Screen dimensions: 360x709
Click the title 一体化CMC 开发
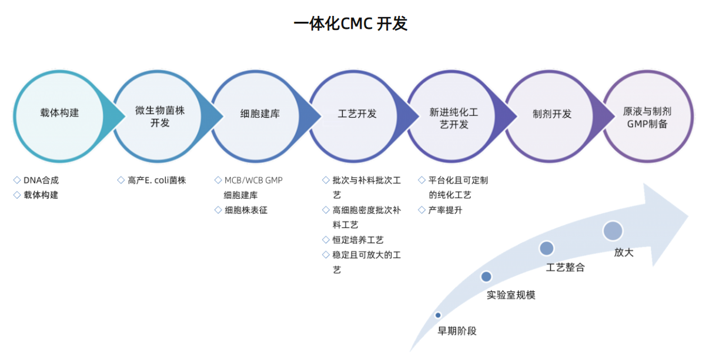pyautogui.click(x=350, y=24)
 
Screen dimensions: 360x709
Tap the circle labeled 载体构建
pyautogui.click(x=59, y=113)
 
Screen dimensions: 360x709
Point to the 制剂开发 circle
pyautogui.click(x=552, y=114)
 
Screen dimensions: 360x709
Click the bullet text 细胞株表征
pyautogui.click(x=246, y=210)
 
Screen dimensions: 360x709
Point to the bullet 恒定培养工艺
pyautogui.click(x=358, y=240)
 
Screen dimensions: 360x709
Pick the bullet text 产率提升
pyautogui.click(x=445, y=210)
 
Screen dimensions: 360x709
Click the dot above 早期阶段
pyautogui.click(x=438, y=316)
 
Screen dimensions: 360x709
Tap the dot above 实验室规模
pyautogui.click(x=486, y=276)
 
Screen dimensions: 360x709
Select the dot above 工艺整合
pyautogui.click(x=546, y=248)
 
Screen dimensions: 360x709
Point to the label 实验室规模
pyautogui.click(x=511, y=295)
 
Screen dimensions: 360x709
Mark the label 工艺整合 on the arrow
pyautogui.click(x=565, y=268)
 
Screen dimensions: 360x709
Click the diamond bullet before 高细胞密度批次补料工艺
pyautogui.click(x=326, y=210)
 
